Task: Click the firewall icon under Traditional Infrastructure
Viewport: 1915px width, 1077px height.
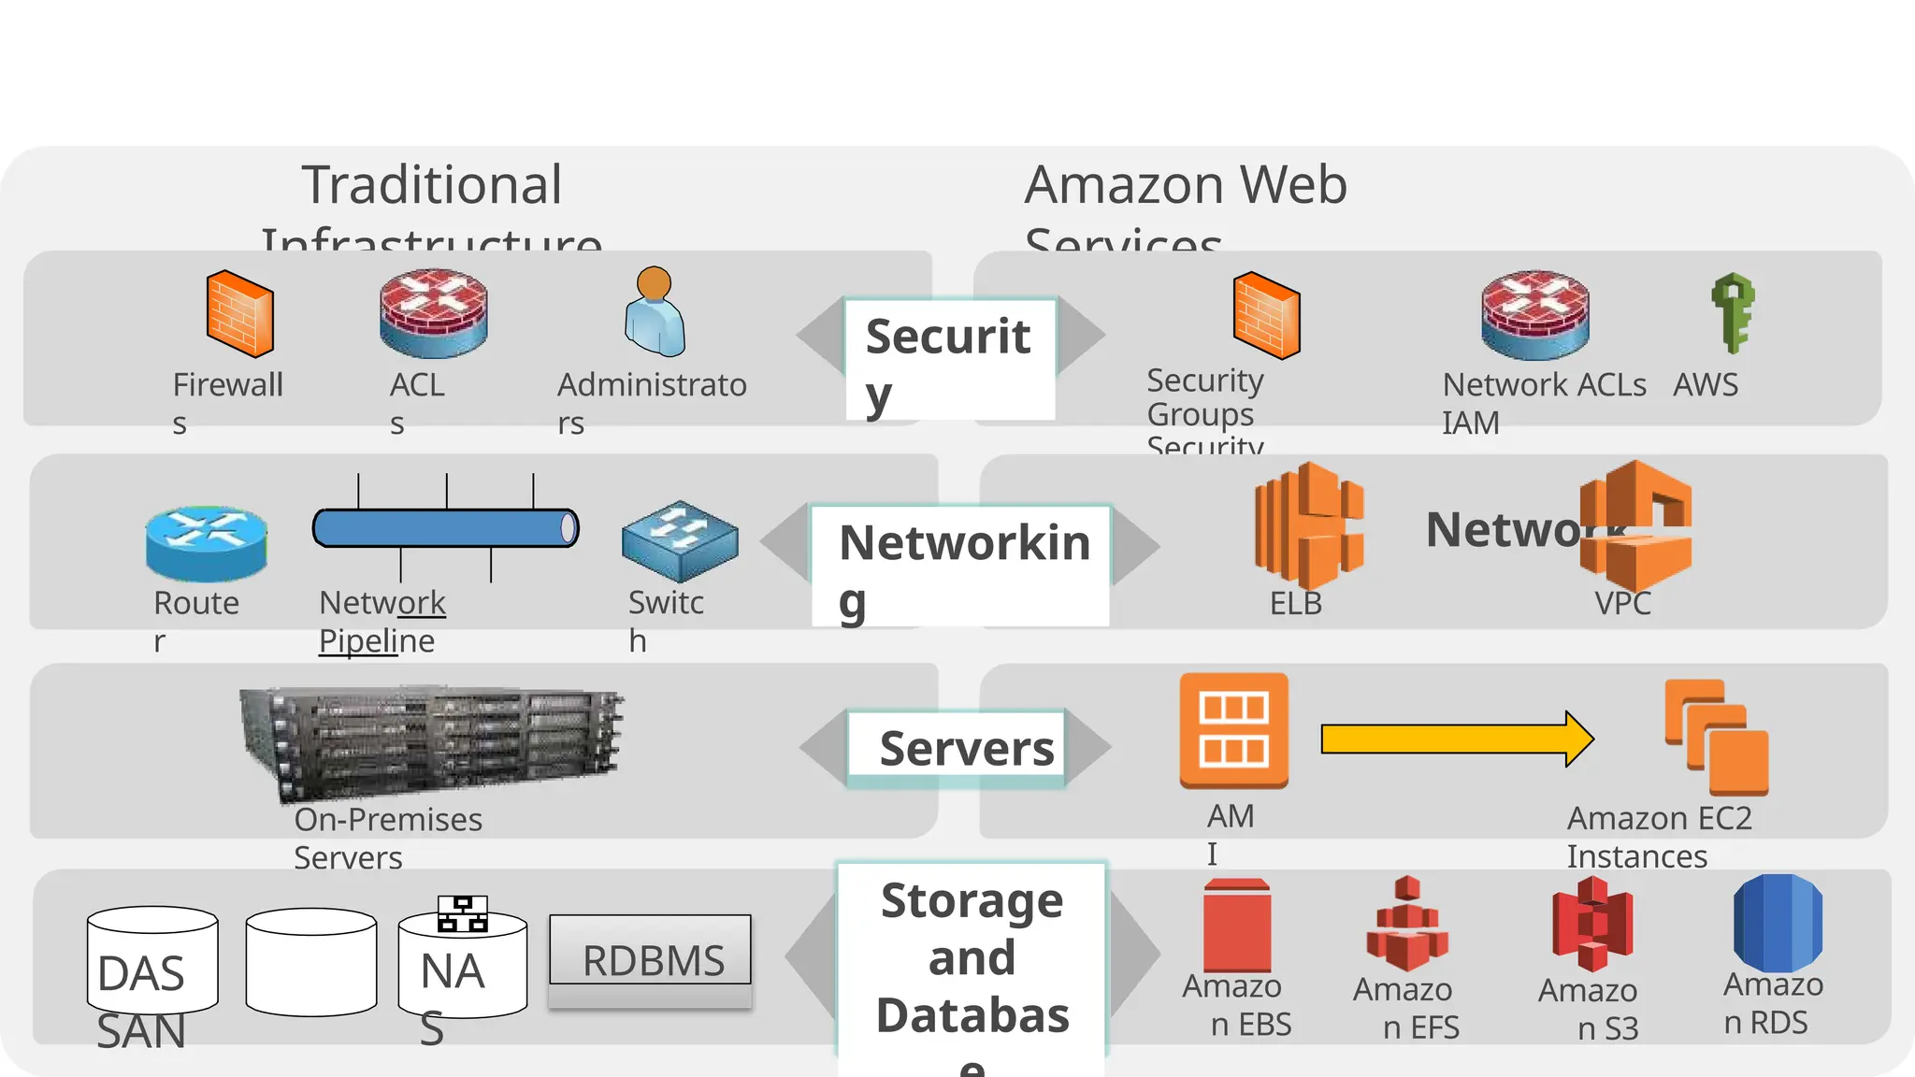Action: [239, 314]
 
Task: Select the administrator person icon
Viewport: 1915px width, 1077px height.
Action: [655, 313]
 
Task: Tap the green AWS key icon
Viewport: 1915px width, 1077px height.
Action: [1733, 313]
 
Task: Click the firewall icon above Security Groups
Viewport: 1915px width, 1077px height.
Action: [1266, 316]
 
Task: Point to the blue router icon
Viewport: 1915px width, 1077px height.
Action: [206, 543]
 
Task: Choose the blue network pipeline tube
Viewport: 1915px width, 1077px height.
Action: [445, 528]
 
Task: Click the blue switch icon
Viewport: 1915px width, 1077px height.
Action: [680, 540]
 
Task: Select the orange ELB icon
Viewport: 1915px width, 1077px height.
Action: [1308, 525]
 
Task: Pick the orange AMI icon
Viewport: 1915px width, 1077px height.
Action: [1233, 730]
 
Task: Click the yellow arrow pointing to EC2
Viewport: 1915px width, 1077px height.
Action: [1456, 740]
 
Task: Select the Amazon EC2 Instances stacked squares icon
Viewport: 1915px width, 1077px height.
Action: [1717, 737]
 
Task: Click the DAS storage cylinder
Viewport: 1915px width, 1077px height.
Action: [152, 960]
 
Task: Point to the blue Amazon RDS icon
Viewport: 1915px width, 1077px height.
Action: [1777, 923]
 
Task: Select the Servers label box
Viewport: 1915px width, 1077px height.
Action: [957, 748]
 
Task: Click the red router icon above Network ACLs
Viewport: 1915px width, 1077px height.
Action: [1534, 315]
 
